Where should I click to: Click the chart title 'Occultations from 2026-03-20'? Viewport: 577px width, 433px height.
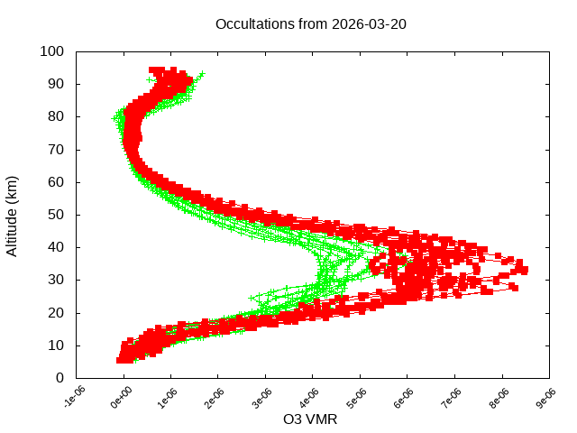point(310,23)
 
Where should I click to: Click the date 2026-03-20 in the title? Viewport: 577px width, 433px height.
point(370,23)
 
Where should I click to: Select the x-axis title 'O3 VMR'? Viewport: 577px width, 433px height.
point(310,419)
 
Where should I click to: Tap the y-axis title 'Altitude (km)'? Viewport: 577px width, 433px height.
point(12,215)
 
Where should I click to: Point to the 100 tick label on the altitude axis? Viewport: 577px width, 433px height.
point(51,51)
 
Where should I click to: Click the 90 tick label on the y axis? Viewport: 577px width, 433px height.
point(55,84)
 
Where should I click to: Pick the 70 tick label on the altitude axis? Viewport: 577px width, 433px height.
point(55,149)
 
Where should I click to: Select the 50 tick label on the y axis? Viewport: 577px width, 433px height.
point(55,215)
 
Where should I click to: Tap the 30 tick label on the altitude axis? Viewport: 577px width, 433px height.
point(55,280)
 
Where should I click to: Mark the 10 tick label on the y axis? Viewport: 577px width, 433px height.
point(55,345)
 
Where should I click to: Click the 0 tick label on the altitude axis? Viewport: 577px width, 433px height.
point(59,378)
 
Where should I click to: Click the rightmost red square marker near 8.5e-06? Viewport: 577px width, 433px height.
point(524,270)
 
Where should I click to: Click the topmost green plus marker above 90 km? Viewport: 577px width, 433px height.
point(202,74)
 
